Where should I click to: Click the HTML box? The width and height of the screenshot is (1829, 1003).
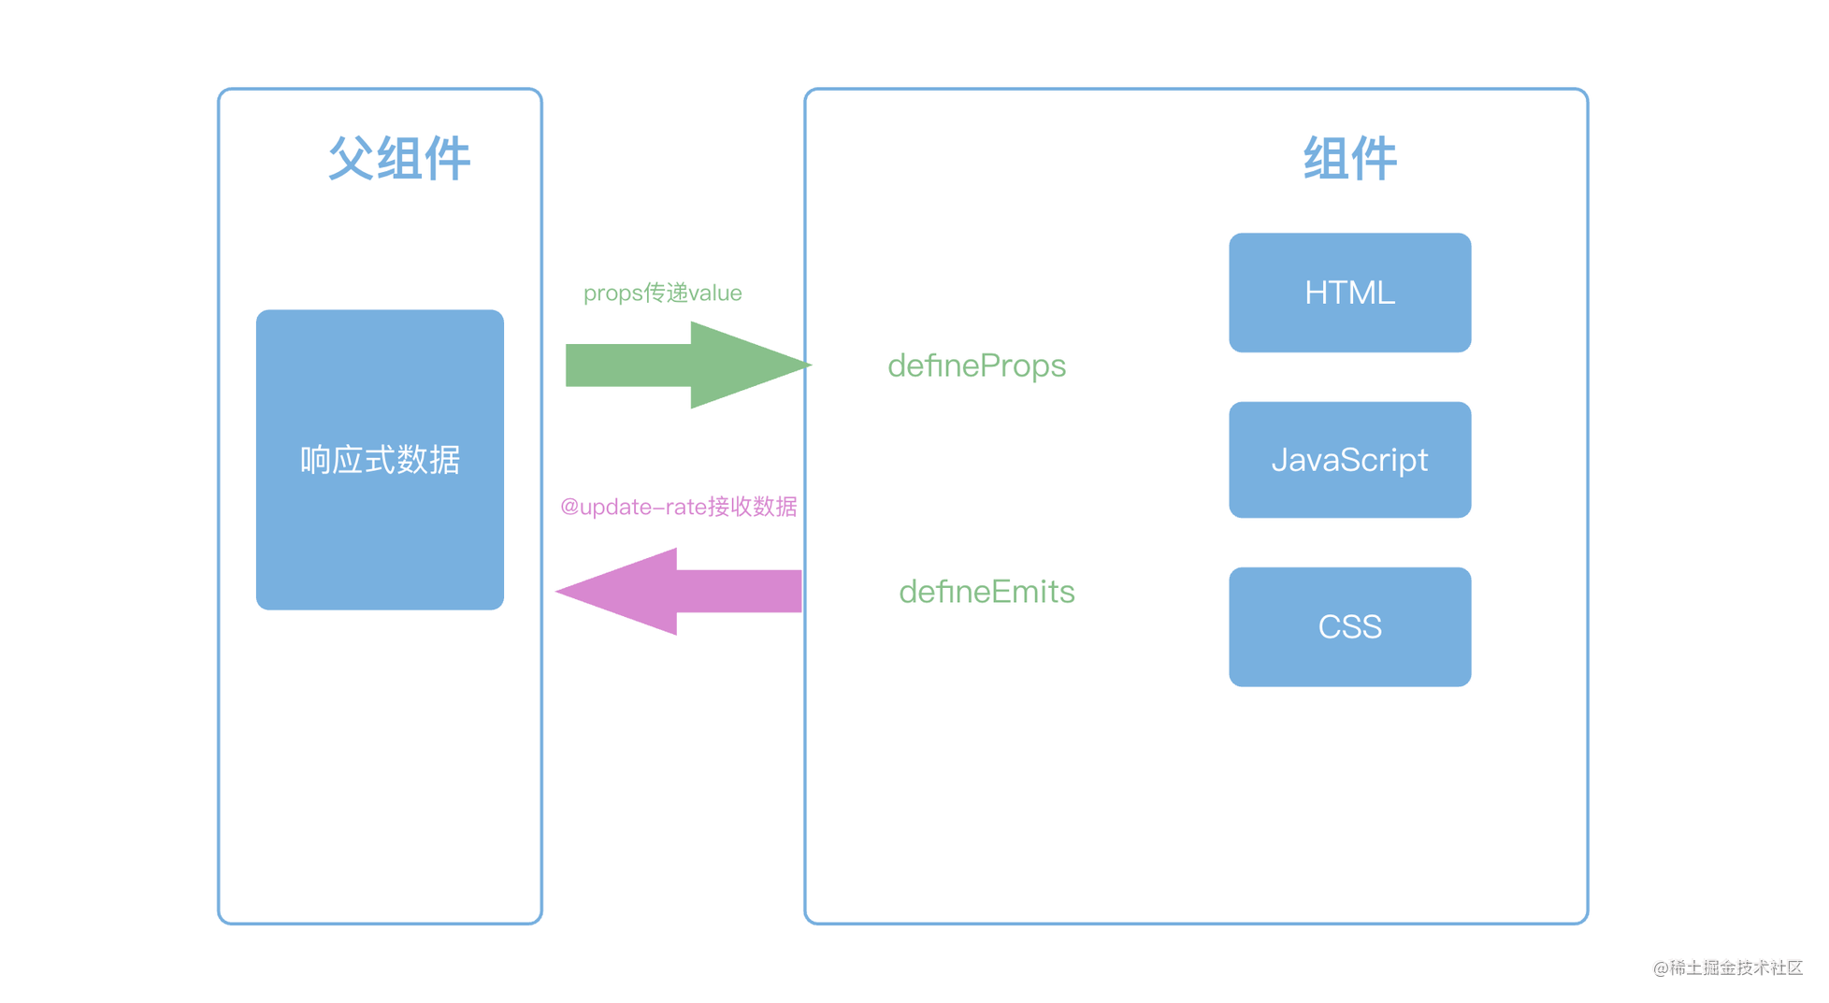1349,293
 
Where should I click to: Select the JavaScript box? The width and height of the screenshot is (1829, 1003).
1349,460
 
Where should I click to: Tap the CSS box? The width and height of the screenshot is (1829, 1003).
1349,626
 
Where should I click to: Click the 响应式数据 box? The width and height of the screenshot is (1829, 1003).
380,460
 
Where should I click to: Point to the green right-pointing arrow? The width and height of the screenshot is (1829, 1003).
688,365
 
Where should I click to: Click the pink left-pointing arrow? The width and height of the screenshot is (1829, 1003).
679,591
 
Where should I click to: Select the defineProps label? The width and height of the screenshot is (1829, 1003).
976,365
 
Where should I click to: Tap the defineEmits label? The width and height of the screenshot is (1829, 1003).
987,592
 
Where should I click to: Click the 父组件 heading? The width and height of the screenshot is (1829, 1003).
399,158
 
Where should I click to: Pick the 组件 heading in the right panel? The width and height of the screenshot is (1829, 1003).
1350,158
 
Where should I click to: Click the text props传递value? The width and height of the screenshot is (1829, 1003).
662,293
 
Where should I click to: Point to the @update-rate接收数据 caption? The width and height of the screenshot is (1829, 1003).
678,507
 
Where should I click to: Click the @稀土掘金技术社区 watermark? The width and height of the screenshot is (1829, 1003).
1728,967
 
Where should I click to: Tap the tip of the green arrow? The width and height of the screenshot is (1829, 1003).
811,365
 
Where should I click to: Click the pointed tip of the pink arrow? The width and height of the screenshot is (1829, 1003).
557,591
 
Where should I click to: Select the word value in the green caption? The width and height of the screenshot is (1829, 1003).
715,294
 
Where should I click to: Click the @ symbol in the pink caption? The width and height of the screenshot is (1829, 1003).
569,508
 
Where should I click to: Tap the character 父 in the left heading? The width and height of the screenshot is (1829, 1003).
352,158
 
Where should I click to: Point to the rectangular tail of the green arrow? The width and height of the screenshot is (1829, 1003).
628,365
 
